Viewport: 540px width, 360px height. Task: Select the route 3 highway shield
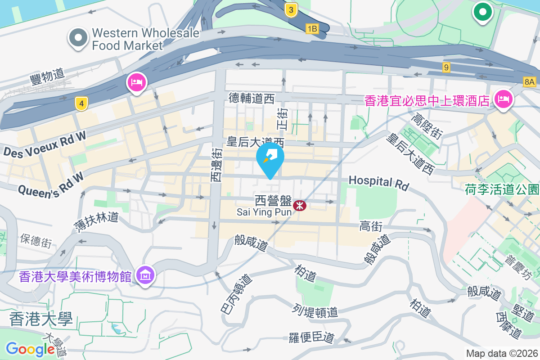tap(292, 10)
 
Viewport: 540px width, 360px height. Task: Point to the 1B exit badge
tap(312, 29)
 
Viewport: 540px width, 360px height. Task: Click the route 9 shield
tap(446, 67)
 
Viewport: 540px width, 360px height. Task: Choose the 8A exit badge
tap(530, 81)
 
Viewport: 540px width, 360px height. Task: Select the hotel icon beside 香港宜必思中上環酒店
tap(504, 99)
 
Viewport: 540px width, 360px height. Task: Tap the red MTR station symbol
tap(299, 206)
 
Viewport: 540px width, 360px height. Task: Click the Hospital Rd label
tap(378, 182)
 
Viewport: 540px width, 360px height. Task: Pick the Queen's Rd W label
tap(51, 183)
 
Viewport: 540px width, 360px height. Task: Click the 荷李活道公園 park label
tap(502, 189)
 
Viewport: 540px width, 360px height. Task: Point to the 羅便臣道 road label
tap(311, 337)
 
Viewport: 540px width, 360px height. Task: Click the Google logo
tap(31, 349)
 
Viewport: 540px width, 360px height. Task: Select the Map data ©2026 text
tap(501, 354)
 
